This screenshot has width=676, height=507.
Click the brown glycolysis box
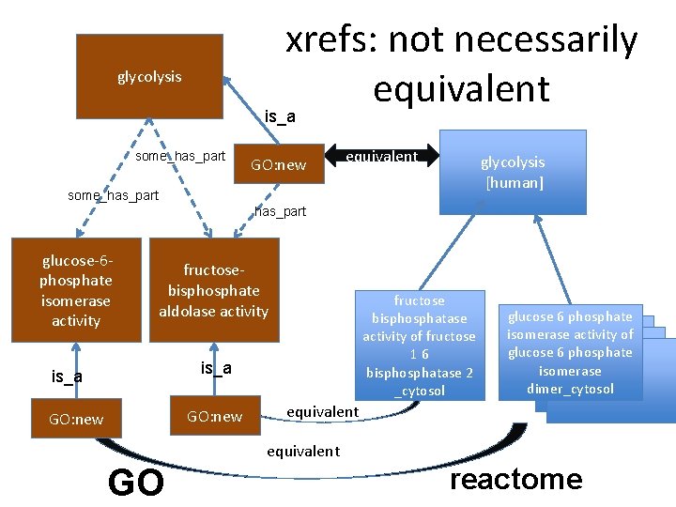click(x=149, y=77)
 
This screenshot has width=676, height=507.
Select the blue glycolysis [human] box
click(x=513, y=172)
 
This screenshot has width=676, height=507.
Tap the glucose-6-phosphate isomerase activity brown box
click(x=75, y=290)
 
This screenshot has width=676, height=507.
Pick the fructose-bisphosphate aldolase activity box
click(x=213, y=291)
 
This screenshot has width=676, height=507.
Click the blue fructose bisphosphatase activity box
click(x=419, y=345)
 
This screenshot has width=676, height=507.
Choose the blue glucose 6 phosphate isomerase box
click(x=570, y=352)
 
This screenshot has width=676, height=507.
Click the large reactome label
click(x=516, y=480)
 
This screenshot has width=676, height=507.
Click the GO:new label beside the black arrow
click(x=278, y=165)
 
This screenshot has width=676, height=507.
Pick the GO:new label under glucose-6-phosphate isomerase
click(x=76, y=419)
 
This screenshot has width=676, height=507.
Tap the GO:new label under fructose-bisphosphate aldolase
click(x=214, y=416)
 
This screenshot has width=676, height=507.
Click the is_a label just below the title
click(x=280, y=116)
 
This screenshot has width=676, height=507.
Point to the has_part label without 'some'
click(x=281, y=211)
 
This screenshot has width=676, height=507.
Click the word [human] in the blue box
click(x=514, y=182)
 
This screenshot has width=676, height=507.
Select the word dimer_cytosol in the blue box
click(x=570, y=389)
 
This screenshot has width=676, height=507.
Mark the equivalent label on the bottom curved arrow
click(x=302, y=452)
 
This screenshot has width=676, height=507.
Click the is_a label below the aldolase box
click(x=216, y=368)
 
